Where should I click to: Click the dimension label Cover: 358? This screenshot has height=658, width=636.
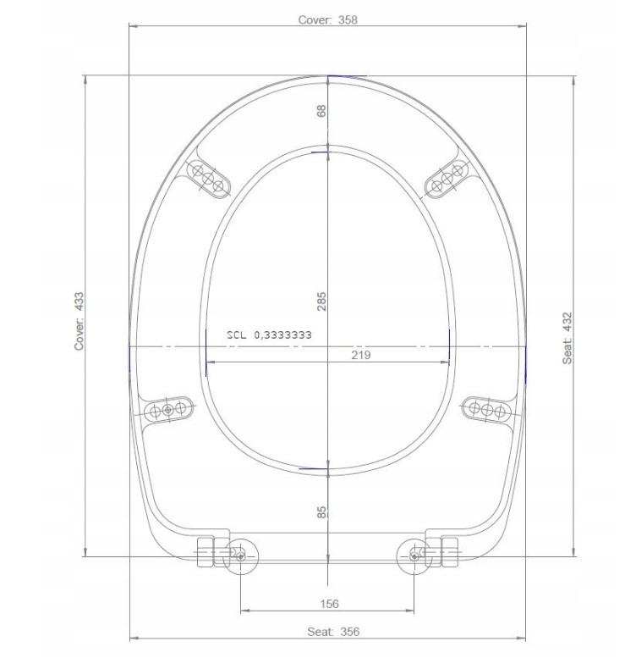[x=327, y=19]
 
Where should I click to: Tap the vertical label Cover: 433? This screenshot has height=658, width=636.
[x=79, y=321]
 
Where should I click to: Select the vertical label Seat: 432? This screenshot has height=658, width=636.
[x=567, y=338]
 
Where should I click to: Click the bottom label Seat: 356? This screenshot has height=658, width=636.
[x=333, y=632]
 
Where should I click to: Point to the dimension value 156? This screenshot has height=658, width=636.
[x=329, y=604]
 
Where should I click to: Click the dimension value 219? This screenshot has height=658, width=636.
[x=361, y=355]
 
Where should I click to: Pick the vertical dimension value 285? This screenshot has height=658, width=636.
[x=321, y=301]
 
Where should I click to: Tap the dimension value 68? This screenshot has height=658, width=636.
[x=321, y=111]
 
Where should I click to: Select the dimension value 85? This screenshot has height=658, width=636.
[x=321, y=512]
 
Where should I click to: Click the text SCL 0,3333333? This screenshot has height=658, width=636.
[x=270, y=335]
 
